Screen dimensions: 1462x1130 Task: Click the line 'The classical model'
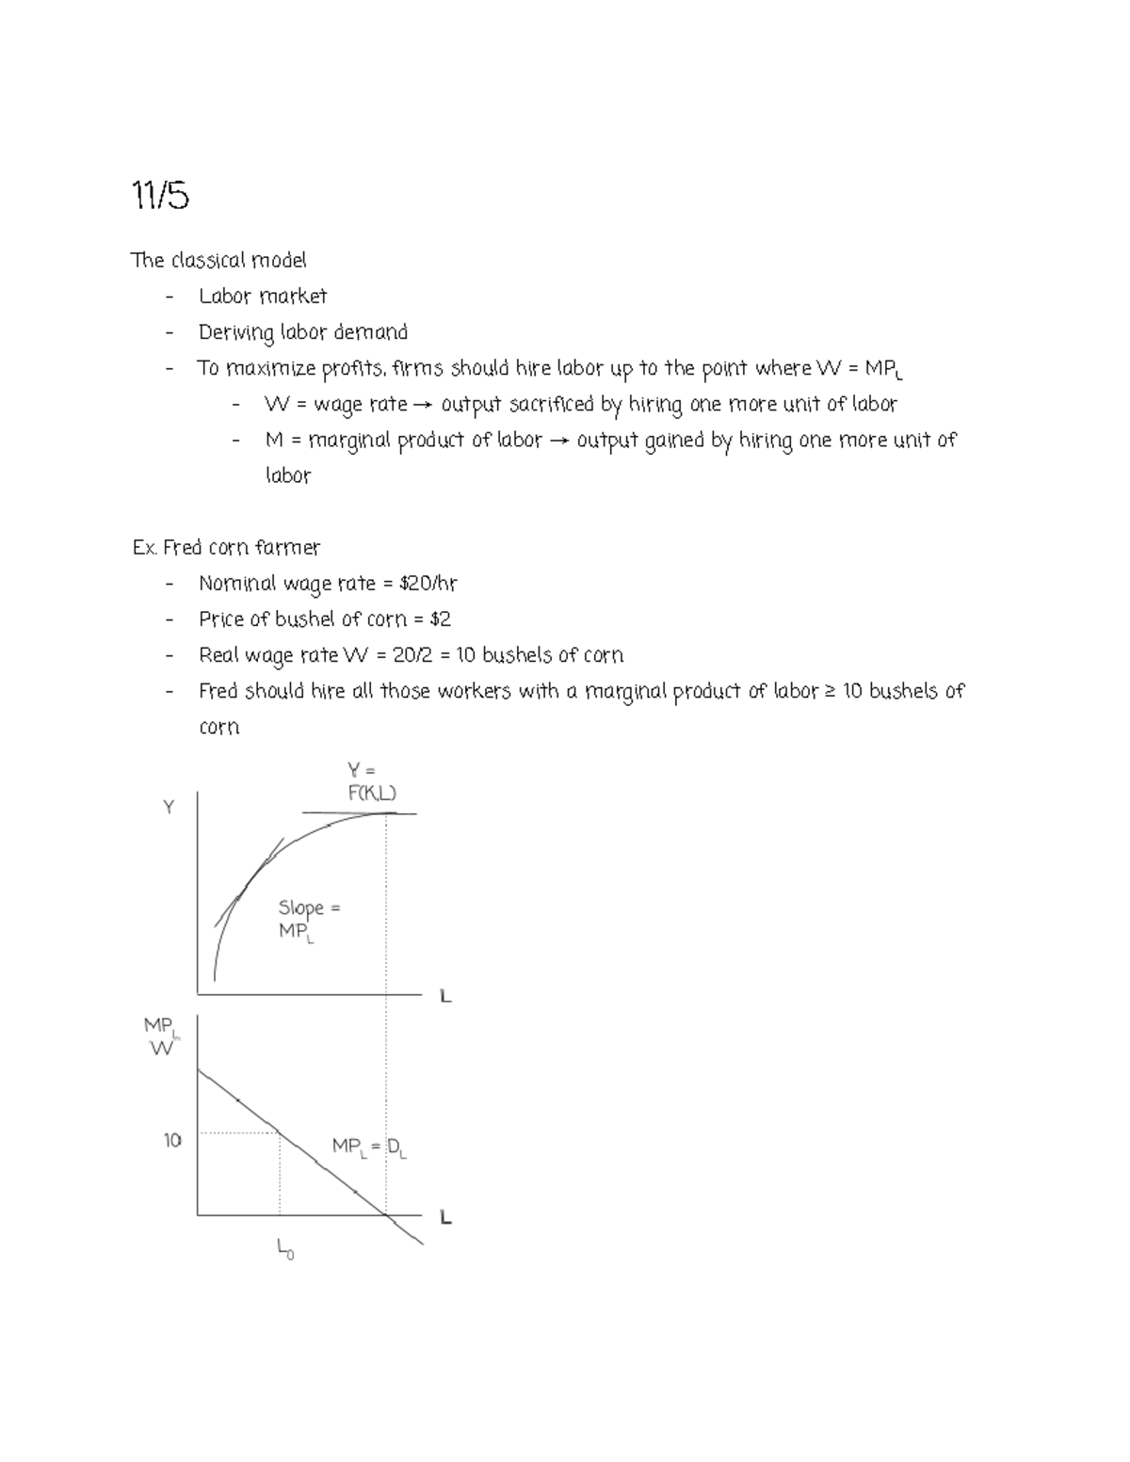pyautogui.click(x=218, y=260)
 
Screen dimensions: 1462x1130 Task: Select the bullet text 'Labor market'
pyautogui.click(x=263, y=297)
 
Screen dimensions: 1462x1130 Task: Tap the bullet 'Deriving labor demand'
pyautogui.click(x=303, y=332)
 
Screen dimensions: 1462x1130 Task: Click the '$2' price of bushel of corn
pyautogui.click(x=440, y=619)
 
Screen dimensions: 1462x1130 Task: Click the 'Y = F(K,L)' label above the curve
pyautogui.click(x=372, y=782)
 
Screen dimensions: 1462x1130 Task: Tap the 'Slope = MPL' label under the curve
pyautogui.click(x=308, y=919)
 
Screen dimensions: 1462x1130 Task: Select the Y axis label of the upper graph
pyautogui.click(x=169, y=807)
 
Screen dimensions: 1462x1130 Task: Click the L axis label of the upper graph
pyautogui.click(x=445, y=995)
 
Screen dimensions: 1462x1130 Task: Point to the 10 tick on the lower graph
pyautogui.click(x=172, y=1140)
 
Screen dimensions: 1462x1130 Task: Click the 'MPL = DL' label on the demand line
pyautogui.click(x=369, y=1147)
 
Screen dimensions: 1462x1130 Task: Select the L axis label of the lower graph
pyautogui.click(x=445, y=1217)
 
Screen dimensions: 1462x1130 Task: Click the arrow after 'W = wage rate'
pyautogui.click(x=423, y=405)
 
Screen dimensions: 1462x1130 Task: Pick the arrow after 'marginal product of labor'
pyautogui.click(x=558, y=441)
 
